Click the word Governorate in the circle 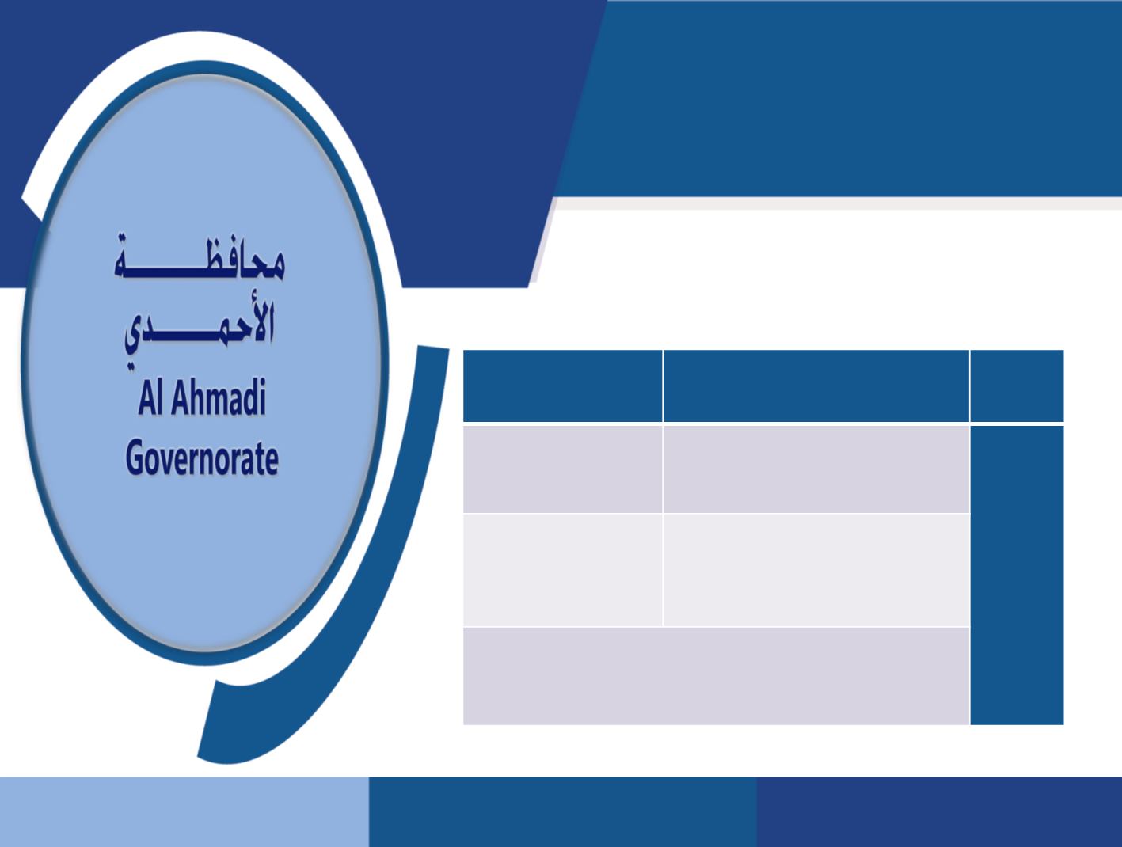pyautogui.click(x=202, y=460)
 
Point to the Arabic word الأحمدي pyautogui.click(x=200, y=325)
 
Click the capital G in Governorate pyautogui.click(x=135, y=460)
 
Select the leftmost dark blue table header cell pyautogui.click(x=562, y=386)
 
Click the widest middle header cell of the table pyautogui.click(x=816, y=386)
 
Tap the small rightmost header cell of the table pyautogui.click(x=1017, y=386)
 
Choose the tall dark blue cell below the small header pyautogui.click(x=1017, y=575)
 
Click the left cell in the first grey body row pyautogui.click(x=562, y=469)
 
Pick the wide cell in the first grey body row pyautogui.click(x=816, y=469)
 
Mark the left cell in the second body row pyautogui.click(x=562, y=570)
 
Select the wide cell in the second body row pyautogui.click(x=816, y=570)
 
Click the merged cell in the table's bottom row pyautogui.click(x=716, y=676)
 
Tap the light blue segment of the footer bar pyautogui.click(x=184, y=811)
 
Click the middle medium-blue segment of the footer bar pyautogui.click(x=562, y=811)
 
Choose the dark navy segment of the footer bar pyautogui.click(x=939, y=811)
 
